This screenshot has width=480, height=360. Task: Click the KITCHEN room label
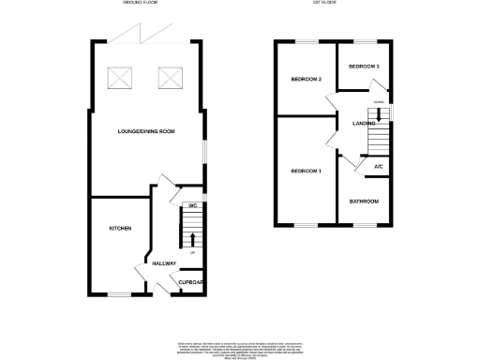click(119, 229)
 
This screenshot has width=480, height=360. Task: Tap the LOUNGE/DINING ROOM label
click(146, 132)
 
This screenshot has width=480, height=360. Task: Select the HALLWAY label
click(163, 263)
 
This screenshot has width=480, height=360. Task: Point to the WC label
click(191, 204)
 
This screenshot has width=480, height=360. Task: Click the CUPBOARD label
click(191, 282)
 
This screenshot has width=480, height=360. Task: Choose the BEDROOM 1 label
click(306, 172)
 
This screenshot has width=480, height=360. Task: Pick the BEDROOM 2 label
click(307, 80)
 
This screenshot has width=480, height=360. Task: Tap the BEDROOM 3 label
click(364, 67)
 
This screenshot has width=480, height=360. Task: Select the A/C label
click(378, 167)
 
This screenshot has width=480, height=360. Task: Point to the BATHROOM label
click(364, 202)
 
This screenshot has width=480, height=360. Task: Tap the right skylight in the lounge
click(170, 76)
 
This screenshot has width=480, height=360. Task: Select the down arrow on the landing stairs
click(375, 115)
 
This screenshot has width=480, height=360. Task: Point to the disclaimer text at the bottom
click(240, 348)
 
